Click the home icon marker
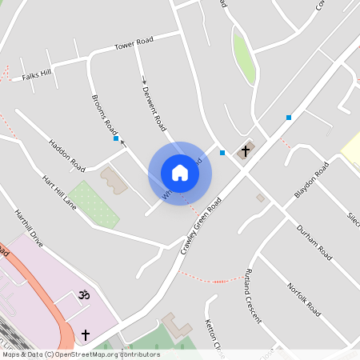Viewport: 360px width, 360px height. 180,173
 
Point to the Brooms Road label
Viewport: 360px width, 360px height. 105,114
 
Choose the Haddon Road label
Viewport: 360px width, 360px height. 66,154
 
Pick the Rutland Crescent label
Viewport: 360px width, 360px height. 254,294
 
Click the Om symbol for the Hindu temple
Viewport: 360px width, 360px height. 80,296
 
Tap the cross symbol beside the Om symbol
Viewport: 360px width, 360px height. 86,334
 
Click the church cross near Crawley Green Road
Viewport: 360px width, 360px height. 246,148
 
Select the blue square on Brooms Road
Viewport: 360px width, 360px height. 116,138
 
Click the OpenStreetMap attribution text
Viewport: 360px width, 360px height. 80,354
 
